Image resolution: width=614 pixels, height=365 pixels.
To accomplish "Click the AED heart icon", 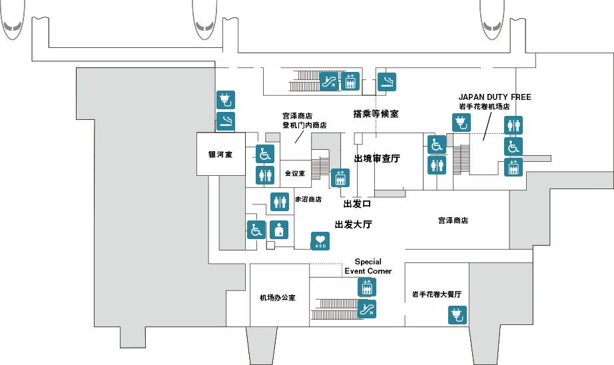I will [x=320, y=241].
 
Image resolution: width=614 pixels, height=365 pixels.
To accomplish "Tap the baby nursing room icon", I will [x=279, y=229].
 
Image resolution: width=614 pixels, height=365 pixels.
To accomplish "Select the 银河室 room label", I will [x=220, y=155].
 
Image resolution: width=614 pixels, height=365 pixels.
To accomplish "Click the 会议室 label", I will [x=294, y=173].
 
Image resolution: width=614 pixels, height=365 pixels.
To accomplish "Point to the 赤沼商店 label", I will [x=308, y=199].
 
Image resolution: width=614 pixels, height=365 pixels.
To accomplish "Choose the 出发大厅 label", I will [x=353, y=224].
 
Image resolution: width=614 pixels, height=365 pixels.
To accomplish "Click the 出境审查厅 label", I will [x=377, y=159].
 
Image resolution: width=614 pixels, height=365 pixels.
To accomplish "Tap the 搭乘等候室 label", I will [x=376, y=114].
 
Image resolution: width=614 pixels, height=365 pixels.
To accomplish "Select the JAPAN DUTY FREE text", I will [x=495, y=97].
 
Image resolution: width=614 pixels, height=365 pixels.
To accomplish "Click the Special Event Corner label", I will [x=368, y=266].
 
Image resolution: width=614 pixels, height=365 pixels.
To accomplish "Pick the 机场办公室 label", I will [x=278, y=297].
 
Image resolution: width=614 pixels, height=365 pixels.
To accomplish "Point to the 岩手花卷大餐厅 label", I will [x=437, y=294].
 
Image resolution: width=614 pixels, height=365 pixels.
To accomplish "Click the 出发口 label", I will [x=357, y=203].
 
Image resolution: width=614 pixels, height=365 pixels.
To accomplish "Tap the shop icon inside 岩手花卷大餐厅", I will [x=457, y=314].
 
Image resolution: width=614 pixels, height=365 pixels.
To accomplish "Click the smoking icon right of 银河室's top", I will [x=226, y=121].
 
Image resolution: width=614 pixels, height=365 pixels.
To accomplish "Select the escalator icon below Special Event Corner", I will [x=367, y=308].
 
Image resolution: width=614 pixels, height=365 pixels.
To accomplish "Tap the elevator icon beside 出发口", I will [x=340, y=178].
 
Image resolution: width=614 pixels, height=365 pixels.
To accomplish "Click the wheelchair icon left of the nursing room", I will [x=256, y=229].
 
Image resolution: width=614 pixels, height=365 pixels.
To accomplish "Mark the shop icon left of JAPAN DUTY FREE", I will [x=461, y=123].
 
